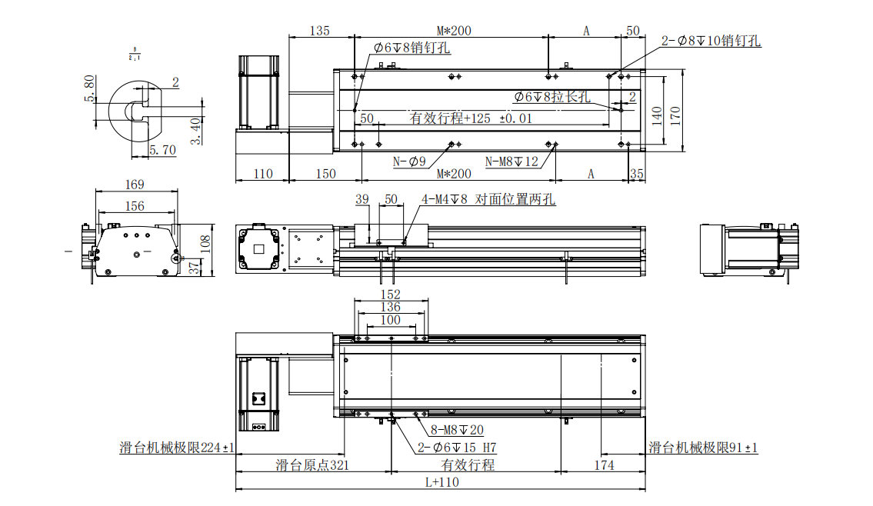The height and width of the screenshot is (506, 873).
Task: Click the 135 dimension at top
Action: (x=319, y=31)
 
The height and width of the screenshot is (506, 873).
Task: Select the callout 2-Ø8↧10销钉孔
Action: (x=711, y=42)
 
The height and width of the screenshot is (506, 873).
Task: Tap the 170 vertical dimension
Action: (x=675, y=115)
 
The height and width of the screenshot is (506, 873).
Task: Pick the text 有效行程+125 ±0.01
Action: (x=470, y=118)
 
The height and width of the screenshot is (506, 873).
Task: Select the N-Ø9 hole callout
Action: (x=409, y=161)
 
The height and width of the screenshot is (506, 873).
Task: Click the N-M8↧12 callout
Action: (x=511, y=161)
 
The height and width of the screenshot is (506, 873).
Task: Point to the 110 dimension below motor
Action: (x=262, y=174)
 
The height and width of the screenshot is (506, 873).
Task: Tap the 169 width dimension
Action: (x=134, y=185)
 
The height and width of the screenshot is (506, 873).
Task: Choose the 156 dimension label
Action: (x=134, y=205)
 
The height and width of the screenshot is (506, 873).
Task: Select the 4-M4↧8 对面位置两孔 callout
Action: (x=488, y=199)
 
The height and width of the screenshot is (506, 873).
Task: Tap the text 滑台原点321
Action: (x=312, y=465)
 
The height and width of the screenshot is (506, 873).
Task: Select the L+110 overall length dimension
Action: (x=441, y=482)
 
